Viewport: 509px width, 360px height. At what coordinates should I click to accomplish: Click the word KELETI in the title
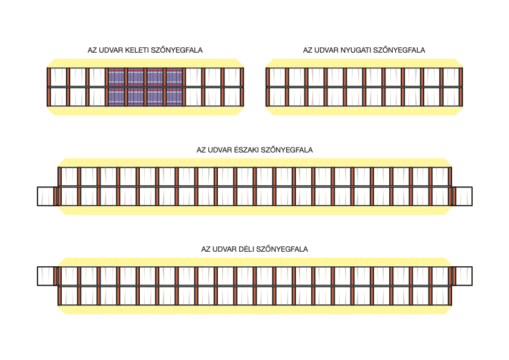pos(137,50)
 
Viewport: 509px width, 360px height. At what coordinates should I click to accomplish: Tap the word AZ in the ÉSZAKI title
pos(201,150)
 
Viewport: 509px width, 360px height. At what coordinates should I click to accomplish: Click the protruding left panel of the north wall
pos(46,196)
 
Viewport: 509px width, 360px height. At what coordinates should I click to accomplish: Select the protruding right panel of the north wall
pos(464,196)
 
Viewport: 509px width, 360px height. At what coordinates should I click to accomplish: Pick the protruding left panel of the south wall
pos(46,276)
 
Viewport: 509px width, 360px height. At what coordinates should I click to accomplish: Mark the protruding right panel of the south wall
pos(464,276)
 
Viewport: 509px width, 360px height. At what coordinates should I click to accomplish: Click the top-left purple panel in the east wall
pos(116,77)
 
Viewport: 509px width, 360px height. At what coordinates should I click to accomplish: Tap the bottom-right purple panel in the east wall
pos(174,97)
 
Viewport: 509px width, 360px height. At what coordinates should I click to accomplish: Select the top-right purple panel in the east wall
pos(174,77)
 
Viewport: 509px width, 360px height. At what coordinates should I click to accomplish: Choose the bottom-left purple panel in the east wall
pos(116,97)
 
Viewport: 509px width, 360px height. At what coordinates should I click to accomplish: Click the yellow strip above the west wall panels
pos(364,64)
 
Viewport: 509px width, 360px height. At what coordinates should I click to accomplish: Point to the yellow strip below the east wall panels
pos(145,111)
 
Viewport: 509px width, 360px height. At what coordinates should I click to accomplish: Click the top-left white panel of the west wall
pos(277,77)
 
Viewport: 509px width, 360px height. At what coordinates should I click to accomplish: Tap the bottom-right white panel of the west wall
pos(452,97)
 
